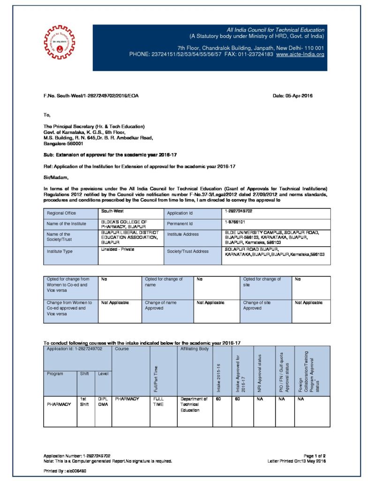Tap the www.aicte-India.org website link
point(300,54)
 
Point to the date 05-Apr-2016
point(293,96)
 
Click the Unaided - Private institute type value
point(118,249)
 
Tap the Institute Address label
point(183,234)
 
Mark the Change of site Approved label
point(257,305)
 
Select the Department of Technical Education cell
point(194,404)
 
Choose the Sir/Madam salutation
point(56,177)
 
